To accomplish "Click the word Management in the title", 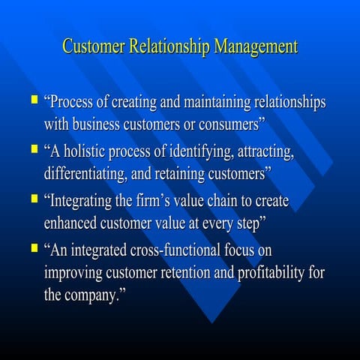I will [256, 46].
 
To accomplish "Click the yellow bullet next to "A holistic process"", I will [32, 149].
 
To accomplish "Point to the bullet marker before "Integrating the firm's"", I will [32, 199].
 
